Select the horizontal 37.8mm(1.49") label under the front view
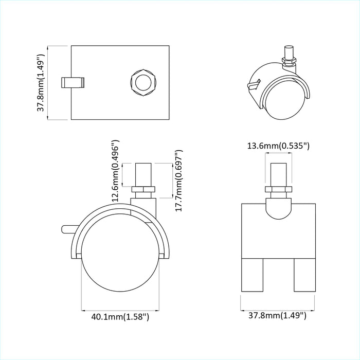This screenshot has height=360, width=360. (278, 315)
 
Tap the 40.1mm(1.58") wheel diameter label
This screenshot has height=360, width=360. (120, 317)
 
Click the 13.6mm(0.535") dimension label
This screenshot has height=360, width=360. (278, 146)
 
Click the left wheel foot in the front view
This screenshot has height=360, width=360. (254, 276)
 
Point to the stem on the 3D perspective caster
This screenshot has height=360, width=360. (288, 53)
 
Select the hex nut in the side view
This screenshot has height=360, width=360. (143, 190)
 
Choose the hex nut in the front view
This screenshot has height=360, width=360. (278, 191)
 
